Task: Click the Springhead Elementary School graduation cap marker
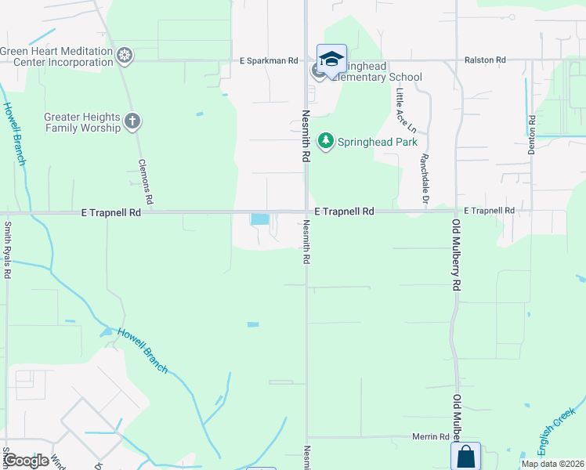coord(331,59)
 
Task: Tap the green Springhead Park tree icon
coord(325,142)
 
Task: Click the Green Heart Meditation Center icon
coord(124,56)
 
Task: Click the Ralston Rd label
coord(485,60)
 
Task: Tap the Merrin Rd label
coord(432,436)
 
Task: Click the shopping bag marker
coord(465,456)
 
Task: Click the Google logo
coord(25,461)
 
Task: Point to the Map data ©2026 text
coord(552,464)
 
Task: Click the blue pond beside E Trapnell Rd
coord(259,219)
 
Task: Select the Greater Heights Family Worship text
coord(82,121)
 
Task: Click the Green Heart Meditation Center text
coord(57,56)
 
